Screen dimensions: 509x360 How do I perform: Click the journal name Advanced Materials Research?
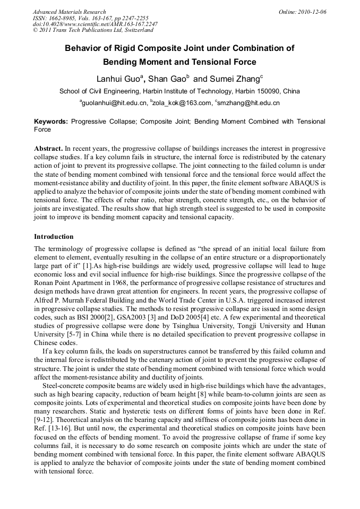(69, 12)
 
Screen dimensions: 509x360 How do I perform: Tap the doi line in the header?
(95, 24)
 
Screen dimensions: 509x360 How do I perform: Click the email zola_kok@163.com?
(181, 103)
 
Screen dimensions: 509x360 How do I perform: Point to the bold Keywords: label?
(51, 122)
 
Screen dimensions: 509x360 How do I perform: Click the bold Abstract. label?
(48, 149)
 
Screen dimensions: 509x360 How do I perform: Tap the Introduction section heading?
(54, 237)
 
